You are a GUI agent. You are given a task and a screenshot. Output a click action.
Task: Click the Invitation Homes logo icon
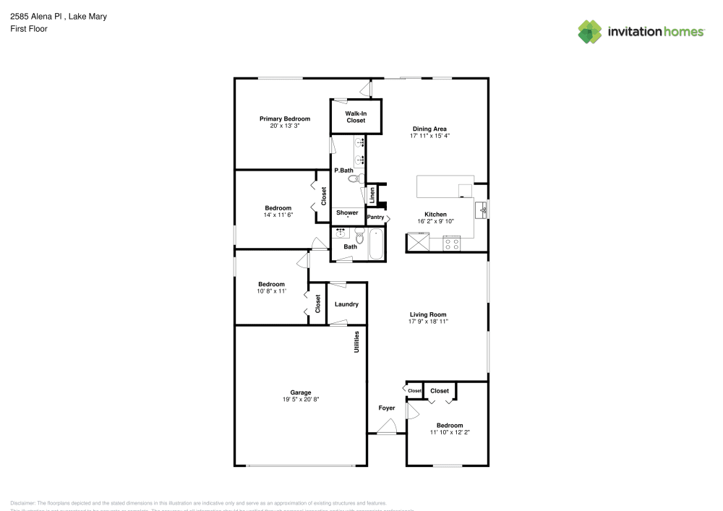590,31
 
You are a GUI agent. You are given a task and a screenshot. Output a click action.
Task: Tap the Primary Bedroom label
285,119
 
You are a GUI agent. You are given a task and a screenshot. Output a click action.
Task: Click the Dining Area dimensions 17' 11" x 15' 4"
429,136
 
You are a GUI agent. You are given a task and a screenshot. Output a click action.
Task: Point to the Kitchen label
435,214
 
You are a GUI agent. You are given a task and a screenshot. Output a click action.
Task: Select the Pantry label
376,217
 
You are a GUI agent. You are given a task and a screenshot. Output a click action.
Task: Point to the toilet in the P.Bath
354,179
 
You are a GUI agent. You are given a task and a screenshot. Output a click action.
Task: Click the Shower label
347,212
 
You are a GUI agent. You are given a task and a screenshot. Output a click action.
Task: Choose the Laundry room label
346,304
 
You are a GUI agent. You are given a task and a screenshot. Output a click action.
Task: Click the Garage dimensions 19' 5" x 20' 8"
301,400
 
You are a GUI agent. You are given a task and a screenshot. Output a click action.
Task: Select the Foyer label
387,408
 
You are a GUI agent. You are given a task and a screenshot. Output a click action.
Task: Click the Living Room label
428,314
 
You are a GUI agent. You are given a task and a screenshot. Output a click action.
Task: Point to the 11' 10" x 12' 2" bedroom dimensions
450,432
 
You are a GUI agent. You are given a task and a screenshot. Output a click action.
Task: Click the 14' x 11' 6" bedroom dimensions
278,215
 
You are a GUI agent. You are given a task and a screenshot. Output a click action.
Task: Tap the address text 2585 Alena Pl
36,16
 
